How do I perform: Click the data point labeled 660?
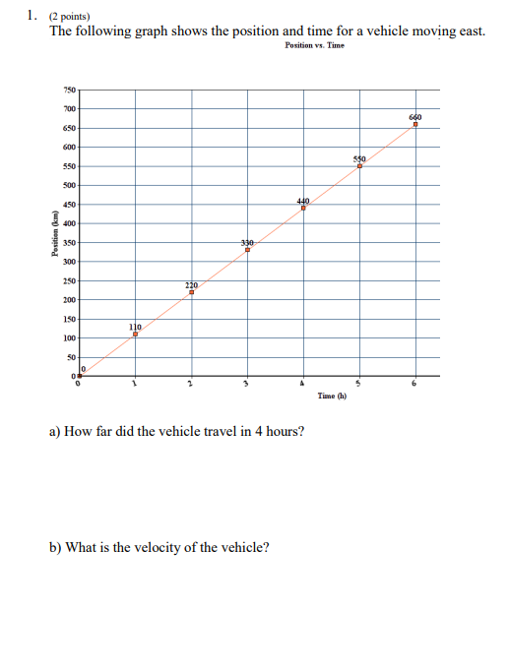tap(415, 125)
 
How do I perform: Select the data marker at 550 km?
tap(359, 166)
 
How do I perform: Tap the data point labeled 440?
tap(303, 208)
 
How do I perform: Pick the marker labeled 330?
tap(247, 250)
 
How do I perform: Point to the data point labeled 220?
tap(191, 292)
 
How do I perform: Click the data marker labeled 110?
tap(135, 335)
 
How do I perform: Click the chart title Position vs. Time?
tap(314, 46)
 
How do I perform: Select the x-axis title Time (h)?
tap(333, 396)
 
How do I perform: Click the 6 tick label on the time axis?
tap(415, 384)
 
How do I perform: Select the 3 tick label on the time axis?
tap(247, 384)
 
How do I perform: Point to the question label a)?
tap(55, 431)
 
